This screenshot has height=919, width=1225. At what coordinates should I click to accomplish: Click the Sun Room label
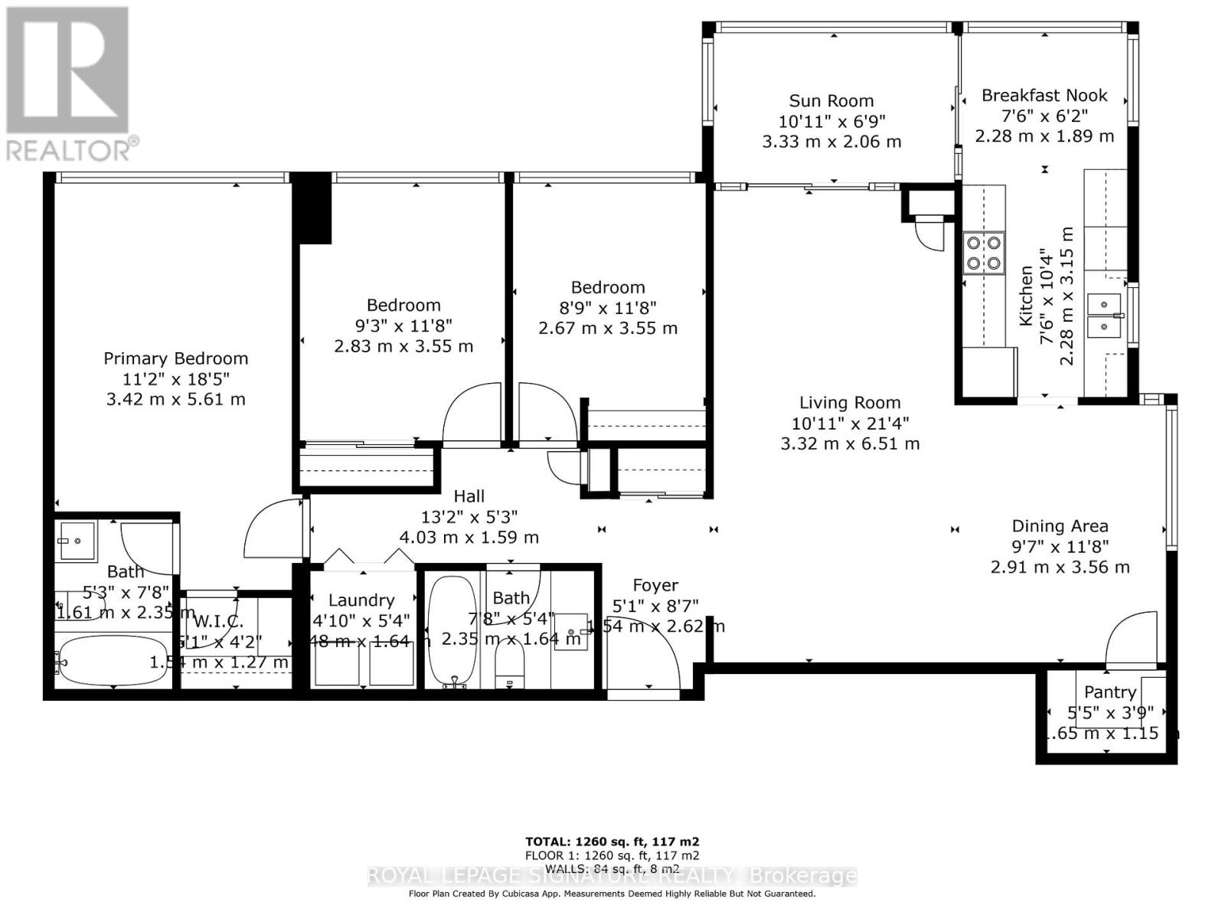(x=831, y=101)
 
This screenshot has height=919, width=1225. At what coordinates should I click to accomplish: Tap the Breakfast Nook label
(x=1044, y=96)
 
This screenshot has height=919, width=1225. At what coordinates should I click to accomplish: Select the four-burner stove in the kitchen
(x=984, y=253)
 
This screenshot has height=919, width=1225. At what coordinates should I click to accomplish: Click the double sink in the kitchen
(x=1104, y=315)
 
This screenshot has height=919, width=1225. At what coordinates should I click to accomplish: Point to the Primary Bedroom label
(x=175, y=358)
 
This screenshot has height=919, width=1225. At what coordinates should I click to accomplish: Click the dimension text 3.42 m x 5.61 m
(x=175, y=399)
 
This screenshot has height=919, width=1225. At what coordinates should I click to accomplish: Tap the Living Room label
(x=850, y=403)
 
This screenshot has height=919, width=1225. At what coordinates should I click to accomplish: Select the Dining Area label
(x=1060, y=526)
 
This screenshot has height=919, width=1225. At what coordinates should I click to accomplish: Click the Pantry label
(x=1109, y=692)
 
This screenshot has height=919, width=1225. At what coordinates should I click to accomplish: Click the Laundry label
(x=361, y=600)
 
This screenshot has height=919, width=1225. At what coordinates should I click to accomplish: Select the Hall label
(x=469, y=496)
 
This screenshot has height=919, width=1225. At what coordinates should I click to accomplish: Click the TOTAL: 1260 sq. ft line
(x=612, y=841)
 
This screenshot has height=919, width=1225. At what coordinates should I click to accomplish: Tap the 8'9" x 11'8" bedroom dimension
(x=608, y=308)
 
